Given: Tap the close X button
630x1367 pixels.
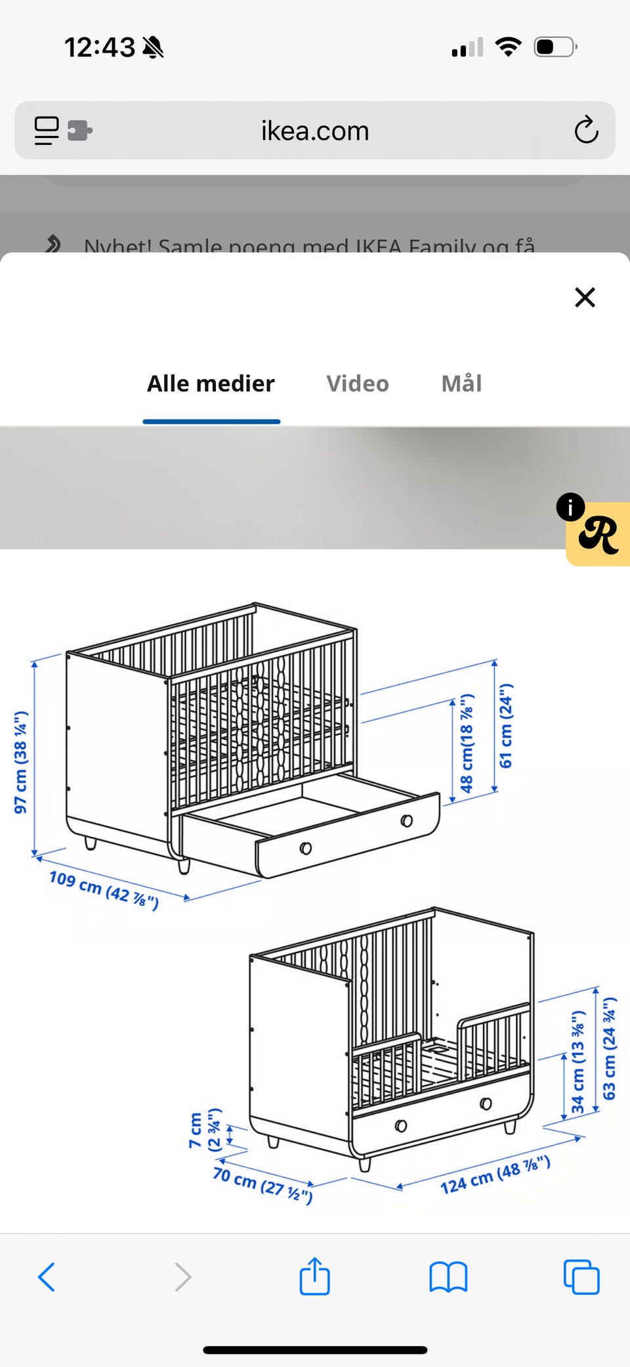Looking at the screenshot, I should [x=585, y=298].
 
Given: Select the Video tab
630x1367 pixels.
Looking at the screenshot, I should [x=358, y=384].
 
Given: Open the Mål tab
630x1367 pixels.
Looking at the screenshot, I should [x=461, y=384].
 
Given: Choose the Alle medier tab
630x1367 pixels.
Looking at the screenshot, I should [x=211, y=384].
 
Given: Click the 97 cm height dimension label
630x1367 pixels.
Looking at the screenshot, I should [x=21, y=762].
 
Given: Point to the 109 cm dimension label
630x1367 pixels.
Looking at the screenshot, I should [x=104, y=890].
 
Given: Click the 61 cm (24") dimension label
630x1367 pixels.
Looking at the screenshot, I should [x=506, y=726].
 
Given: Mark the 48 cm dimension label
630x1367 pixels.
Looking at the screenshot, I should [x=467, y=743].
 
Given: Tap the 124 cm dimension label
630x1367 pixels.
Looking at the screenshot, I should [x=495, y=1176].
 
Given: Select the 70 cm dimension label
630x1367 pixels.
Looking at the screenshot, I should [x=262, y=1184].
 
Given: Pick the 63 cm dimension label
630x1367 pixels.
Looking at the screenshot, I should [x=610, y=1048].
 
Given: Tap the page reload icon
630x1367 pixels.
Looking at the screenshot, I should [x=586, y=130].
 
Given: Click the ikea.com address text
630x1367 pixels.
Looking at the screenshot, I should [x=315, y=131].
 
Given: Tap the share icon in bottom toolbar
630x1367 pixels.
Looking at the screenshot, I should [x=314, y=1277].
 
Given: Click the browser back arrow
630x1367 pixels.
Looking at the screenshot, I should [x=47, y=1277].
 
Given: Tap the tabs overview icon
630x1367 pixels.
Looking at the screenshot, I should [x=581, y=1277].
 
